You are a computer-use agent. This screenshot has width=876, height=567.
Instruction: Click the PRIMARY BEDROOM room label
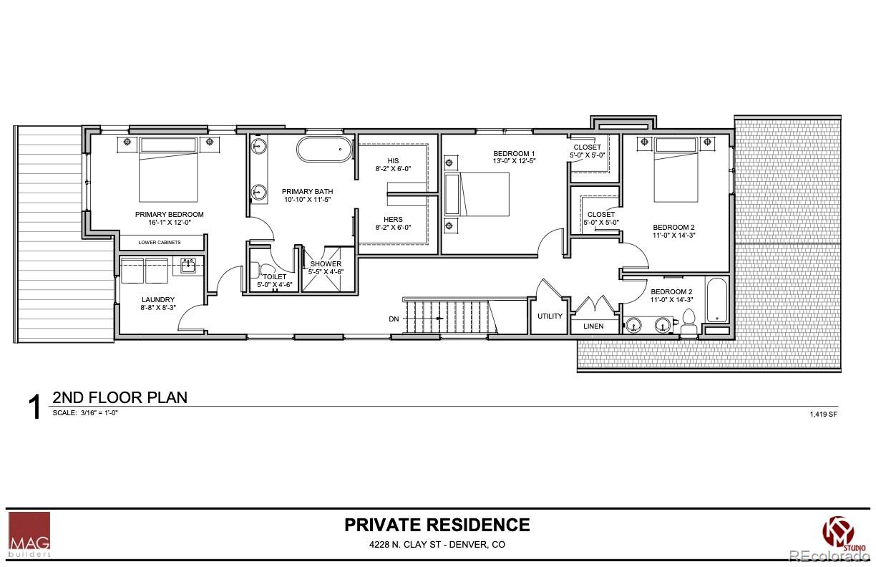(170, 214)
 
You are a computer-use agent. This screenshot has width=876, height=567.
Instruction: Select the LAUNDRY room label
(158, 300)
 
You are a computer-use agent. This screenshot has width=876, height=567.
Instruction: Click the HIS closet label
(393, 160)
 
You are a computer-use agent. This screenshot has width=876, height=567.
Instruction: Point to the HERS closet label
(393, 220)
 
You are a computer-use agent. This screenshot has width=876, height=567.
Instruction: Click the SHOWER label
(326, 264)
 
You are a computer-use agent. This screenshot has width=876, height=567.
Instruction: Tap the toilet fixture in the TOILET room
(255, 270)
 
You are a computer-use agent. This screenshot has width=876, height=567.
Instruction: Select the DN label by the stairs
(394, 319)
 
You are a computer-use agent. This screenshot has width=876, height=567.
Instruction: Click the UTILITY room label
(550, 316)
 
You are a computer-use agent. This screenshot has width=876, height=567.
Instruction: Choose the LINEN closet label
(593, 326)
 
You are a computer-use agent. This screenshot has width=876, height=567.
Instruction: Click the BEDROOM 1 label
(514, 154)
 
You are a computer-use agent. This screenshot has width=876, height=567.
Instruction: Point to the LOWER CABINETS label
(160, 243)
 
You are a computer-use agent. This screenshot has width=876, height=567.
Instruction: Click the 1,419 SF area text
(823, 414)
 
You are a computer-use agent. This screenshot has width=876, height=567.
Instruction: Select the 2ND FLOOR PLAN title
(120, 397)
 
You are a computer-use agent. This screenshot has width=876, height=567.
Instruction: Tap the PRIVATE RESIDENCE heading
(437, 525)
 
